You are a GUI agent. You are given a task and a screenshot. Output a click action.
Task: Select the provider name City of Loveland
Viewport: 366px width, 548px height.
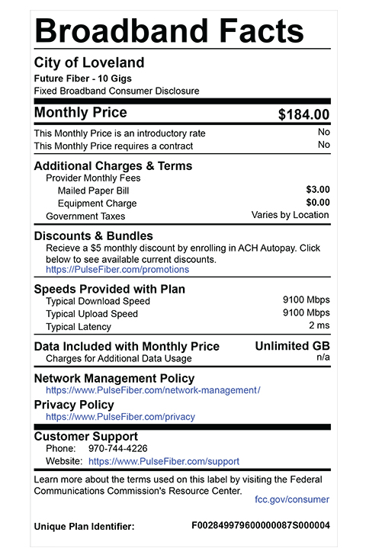pos(89,62)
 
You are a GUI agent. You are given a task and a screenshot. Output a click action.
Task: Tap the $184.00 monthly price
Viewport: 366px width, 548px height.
pos(303,115)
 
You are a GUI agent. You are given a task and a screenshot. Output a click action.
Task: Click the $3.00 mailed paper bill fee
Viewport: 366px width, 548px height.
pos(317,189)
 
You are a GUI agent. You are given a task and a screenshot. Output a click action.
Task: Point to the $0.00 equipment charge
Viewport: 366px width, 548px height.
pos(317,202)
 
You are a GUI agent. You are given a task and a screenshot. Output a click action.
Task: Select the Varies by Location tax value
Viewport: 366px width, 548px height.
pos(291,215)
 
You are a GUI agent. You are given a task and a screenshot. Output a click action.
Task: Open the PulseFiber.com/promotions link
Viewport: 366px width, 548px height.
pos(117,269)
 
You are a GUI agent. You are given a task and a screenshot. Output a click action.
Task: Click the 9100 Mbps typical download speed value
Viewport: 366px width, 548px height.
pos(306,300)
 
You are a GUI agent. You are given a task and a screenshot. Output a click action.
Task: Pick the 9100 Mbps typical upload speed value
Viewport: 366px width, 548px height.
pos(306,312)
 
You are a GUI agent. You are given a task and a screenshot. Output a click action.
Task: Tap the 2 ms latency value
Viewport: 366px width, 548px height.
pos(319,325)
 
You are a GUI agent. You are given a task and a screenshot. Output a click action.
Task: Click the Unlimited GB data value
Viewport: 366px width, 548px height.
pos(292,346)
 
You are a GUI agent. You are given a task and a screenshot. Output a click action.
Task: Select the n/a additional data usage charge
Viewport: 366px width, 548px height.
pos(323,357)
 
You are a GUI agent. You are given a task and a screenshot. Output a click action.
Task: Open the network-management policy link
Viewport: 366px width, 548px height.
pos(152,390)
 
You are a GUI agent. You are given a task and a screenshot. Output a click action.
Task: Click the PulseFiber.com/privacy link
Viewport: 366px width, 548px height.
pos(120,417)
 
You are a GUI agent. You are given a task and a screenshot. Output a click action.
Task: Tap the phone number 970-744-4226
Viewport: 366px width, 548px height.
pos(118,448)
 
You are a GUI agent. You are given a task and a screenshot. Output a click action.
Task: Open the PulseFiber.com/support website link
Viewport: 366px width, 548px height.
pos(164,461)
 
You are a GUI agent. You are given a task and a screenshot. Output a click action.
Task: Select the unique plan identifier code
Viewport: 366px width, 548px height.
pos(260,526)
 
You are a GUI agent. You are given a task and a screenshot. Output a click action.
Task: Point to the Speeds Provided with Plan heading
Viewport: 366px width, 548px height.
pos(110,289)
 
